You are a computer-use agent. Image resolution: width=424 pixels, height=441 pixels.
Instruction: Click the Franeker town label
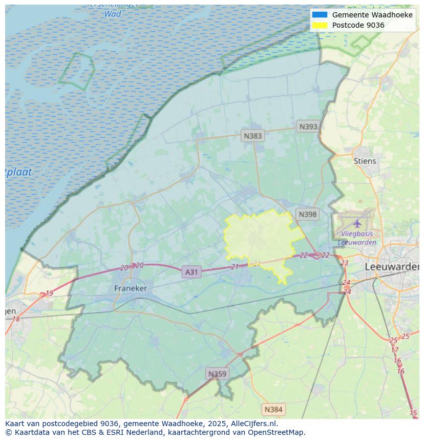130,288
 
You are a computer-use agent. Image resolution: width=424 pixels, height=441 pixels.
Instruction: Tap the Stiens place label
365,161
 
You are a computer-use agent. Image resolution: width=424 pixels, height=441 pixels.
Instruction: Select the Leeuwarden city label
392,267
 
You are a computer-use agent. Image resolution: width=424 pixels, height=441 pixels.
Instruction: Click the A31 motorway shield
191,272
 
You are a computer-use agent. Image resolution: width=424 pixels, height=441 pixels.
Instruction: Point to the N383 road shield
252,136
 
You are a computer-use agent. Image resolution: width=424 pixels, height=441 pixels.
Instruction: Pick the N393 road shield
308,127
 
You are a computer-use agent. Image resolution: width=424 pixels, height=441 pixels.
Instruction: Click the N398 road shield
307,215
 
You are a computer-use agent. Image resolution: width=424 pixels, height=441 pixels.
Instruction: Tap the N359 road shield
217,374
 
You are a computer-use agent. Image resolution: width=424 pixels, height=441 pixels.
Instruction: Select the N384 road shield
273,409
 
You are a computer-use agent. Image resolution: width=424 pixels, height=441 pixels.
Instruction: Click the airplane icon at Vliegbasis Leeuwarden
357,223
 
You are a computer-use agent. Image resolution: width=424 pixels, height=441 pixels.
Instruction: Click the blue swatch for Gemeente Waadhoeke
319,15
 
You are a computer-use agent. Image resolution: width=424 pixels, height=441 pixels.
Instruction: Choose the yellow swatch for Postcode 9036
319,25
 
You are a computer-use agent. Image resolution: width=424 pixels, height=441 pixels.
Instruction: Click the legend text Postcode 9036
358,25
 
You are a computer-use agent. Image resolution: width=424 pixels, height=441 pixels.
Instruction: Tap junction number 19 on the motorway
49,293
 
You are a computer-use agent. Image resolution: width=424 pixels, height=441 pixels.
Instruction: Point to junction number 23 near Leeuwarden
344,263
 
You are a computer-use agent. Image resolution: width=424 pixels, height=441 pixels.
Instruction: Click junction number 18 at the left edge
16,319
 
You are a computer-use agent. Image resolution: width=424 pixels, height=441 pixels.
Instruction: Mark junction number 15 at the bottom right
413,413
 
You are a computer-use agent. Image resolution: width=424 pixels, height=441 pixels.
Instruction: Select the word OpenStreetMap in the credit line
276,432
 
